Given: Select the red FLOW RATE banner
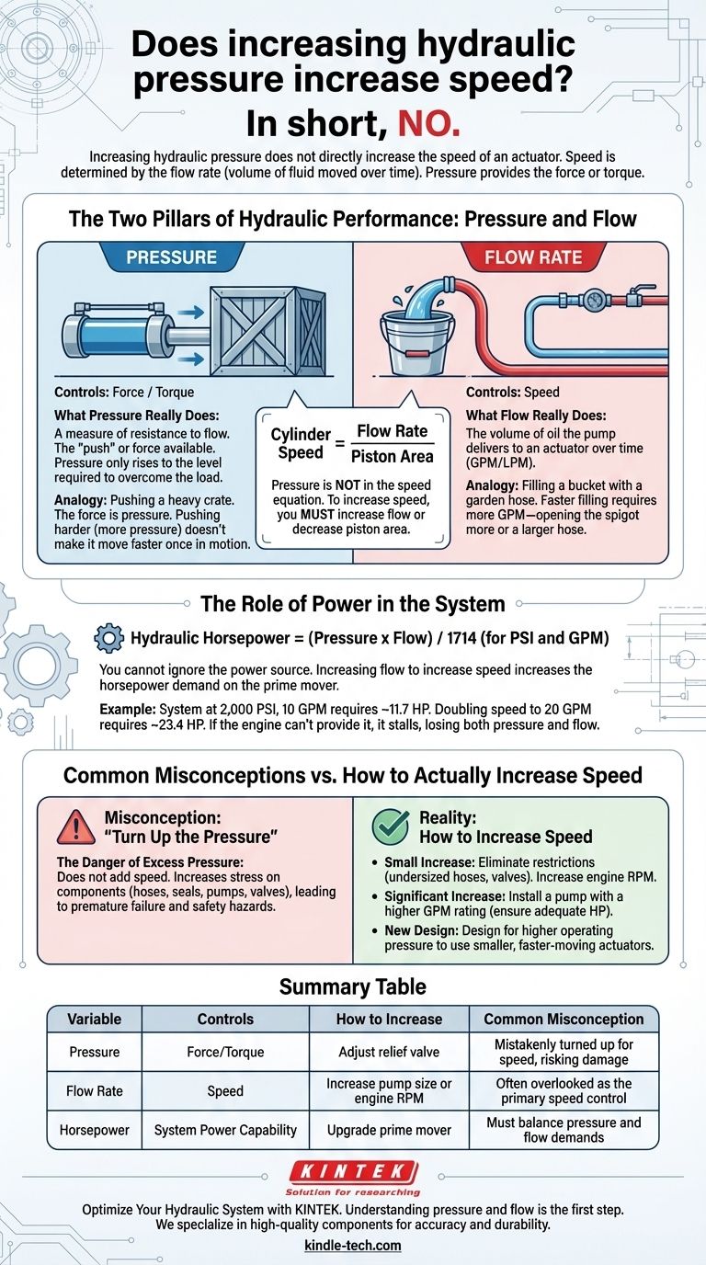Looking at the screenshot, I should (x=533, y=256).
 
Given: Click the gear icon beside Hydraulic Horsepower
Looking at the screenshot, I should (x=108, y=638).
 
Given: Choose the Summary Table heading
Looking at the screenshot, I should (x=353, y=987).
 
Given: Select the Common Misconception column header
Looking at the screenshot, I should (x=564, y=1019).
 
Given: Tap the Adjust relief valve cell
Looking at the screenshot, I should (x=389, y=1052).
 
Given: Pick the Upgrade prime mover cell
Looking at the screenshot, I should (x=389, y=1130).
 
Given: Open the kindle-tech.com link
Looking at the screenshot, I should (x=353, y=1245).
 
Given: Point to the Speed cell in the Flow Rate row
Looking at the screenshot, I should (x=225, y=1091).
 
